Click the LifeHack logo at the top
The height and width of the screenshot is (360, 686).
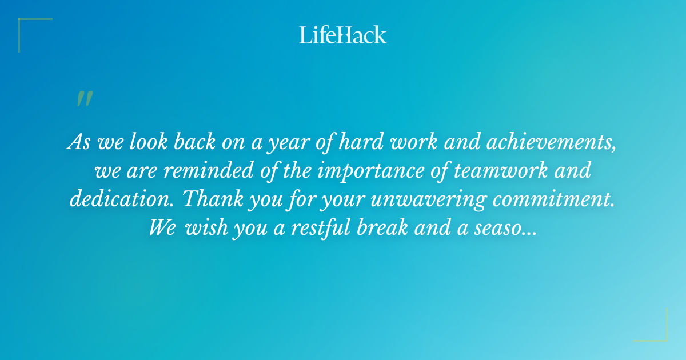click(x=343, y=35)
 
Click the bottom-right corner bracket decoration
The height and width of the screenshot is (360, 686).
click(x=657, y=331)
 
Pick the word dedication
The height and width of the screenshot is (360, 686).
click(x=115, y=199)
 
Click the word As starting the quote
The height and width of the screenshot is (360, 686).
click(x=78, y=142)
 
